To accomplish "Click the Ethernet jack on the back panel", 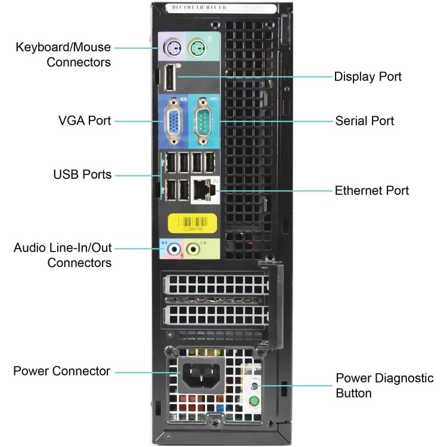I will [203, 190].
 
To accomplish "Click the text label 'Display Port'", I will [368, 76].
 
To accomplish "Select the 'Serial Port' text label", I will [365, 121].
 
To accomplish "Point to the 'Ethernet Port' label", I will [372, 191].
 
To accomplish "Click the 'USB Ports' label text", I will [82, 175].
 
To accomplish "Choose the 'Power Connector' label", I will [62, 371].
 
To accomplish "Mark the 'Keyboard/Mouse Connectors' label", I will [63, 54].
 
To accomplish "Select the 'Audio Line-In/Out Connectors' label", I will [63, 254].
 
